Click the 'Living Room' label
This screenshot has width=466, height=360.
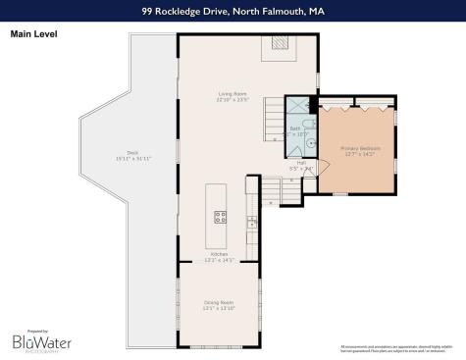(233, 94)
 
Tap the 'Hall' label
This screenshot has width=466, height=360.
(301, 163)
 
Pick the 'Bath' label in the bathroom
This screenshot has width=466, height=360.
(295, 128)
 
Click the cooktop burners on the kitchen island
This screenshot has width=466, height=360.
(220, 217)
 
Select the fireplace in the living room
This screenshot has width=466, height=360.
(280, 44)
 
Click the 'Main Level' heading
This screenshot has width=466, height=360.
(33, 32)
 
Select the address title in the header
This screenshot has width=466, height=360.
(233, 12)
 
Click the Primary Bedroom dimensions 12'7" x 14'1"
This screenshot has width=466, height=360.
(358, 154)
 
